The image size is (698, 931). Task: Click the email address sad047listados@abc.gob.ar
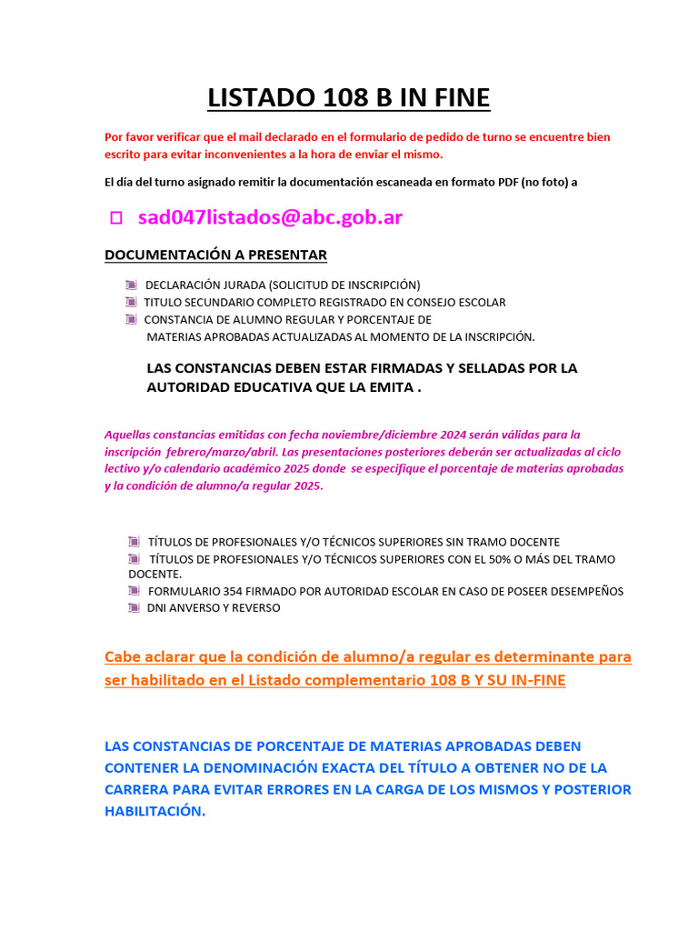pos(270,217)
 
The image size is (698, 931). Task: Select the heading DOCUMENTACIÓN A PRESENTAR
pos(215,255)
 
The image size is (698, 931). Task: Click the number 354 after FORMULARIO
pos(233,591)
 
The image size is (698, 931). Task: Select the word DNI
pos(158,607)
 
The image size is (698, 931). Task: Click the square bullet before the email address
pos(115,218)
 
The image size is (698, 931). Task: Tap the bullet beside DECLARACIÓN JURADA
pos(132,285)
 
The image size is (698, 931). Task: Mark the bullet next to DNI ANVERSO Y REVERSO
pos(134,607)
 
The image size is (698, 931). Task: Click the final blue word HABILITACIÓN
pos(155,811)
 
